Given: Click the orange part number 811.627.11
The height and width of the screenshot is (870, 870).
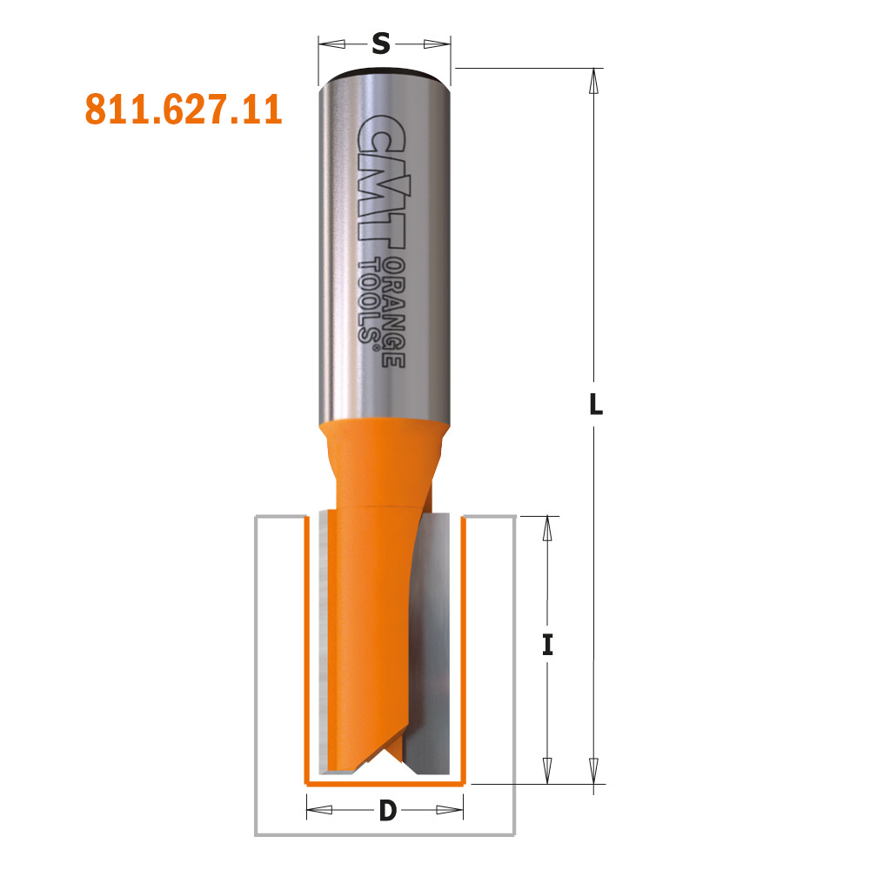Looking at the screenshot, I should (184, 110).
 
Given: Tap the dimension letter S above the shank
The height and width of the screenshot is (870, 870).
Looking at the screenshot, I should (380, 43).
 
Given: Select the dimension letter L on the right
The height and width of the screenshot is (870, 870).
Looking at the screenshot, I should (595, 404).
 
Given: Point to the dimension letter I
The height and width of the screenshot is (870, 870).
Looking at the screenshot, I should (547, 646).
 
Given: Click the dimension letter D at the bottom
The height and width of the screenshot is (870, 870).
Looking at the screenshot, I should (387, 812).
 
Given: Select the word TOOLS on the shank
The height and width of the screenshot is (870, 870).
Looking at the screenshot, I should (371, 301).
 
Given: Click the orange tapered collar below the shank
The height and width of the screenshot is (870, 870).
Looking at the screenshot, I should (383, 444).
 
